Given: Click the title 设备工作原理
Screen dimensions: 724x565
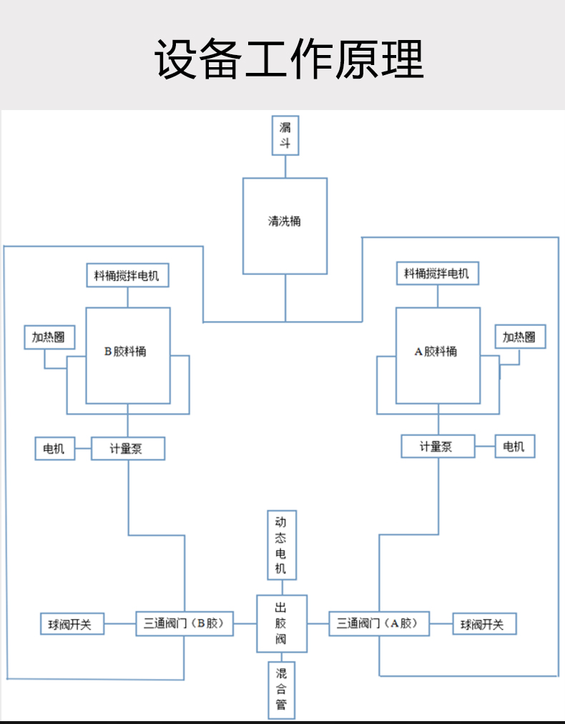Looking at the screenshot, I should (x=289, y=59).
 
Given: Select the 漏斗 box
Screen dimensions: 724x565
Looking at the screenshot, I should (x=285, y=135).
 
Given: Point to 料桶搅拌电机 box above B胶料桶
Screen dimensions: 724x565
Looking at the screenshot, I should (x=127, y=275).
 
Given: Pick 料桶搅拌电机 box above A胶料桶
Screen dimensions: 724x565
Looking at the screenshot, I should (x=437, y=273).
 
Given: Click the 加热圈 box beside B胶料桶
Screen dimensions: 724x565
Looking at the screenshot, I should (x=49, y=337).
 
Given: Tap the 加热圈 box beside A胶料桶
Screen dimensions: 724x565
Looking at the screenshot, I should (x=519, y=337).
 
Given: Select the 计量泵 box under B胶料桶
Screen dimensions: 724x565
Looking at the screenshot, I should (x=127, y=449).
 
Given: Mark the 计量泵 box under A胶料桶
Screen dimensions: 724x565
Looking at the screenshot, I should (x=437, y=447).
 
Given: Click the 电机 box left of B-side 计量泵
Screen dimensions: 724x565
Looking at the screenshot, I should (x=54, y=449).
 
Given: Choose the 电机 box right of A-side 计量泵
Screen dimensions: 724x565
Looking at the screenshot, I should (x=514, y=447).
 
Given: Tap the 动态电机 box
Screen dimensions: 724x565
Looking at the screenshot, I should (x=281, y=545).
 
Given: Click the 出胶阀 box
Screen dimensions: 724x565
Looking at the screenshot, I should (x=281, y=623).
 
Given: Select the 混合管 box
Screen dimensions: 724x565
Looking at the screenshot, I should (x=281, y=690).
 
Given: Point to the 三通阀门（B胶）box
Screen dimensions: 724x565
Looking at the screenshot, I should (x=185, y=623).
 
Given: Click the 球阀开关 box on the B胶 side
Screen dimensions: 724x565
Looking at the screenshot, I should (x=71, y=624).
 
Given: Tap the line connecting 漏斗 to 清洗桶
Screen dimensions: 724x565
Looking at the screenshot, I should (x=285, y=167).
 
